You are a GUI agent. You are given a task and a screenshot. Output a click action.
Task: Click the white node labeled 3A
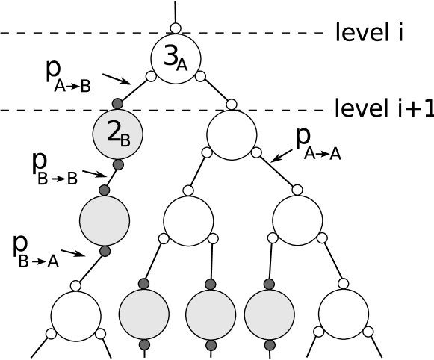[x=176, y=58]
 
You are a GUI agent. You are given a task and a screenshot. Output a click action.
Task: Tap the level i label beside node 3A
[x=368, y=32]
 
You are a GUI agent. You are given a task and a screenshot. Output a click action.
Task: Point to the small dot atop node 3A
[x=176, y=28]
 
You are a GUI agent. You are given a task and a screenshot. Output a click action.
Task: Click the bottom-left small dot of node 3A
[x=151, y=76]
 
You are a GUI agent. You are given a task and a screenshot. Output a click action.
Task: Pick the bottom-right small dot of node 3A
[x=200, y=76]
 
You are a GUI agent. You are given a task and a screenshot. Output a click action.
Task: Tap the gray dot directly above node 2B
[x=117, y=103]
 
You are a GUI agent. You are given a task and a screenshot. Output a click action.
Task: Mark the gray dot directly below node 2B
[x=118, y=164]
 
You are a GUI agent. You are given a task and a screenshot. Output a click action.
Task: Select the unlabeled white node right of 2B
[x=232, y=135]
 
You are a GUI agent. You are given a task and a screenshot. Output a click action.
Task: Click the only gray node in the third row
[x=105, y=221]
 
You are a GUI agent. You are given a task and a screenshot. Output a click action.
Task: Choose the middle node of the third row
[x=188, y=221]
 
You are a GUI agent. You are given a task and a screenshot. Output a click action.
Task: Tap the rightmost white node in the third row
[x=297, y=221]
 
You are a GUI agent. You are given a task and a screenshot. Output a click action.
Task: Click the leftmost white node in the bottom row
[x=76, y=316]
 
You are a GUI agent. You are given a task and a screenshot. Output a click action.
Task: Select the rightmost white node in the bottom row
[x=344, y=314]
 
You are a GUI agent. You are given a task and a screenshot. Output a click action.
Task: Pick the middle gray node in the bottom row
[x=211, y=314]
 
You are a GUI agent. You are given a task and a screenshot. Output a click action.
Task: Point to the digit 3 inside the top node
[x=170, y=56]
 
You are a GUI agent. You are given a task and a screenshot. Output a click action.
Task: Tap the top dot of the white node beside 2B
[x=232, y=105]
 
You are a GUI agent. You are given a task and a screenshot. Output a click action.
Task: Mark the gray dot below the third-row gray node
[x=105, y=252]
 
